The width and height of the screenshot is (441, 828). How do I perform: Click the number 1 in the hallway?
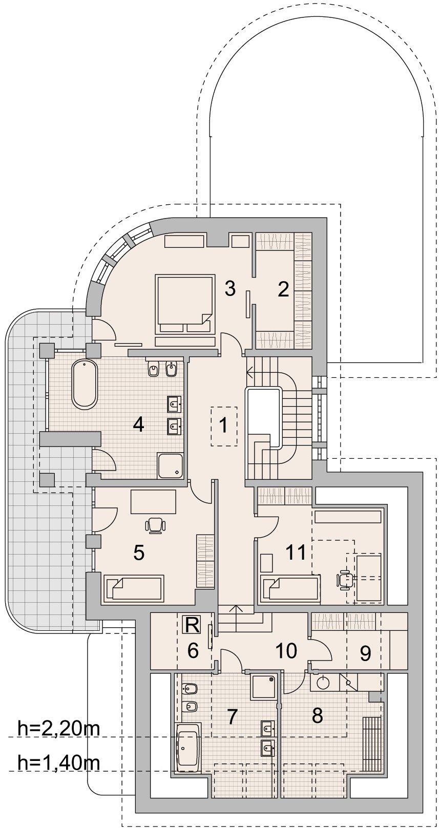click(x=223, y=426)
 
